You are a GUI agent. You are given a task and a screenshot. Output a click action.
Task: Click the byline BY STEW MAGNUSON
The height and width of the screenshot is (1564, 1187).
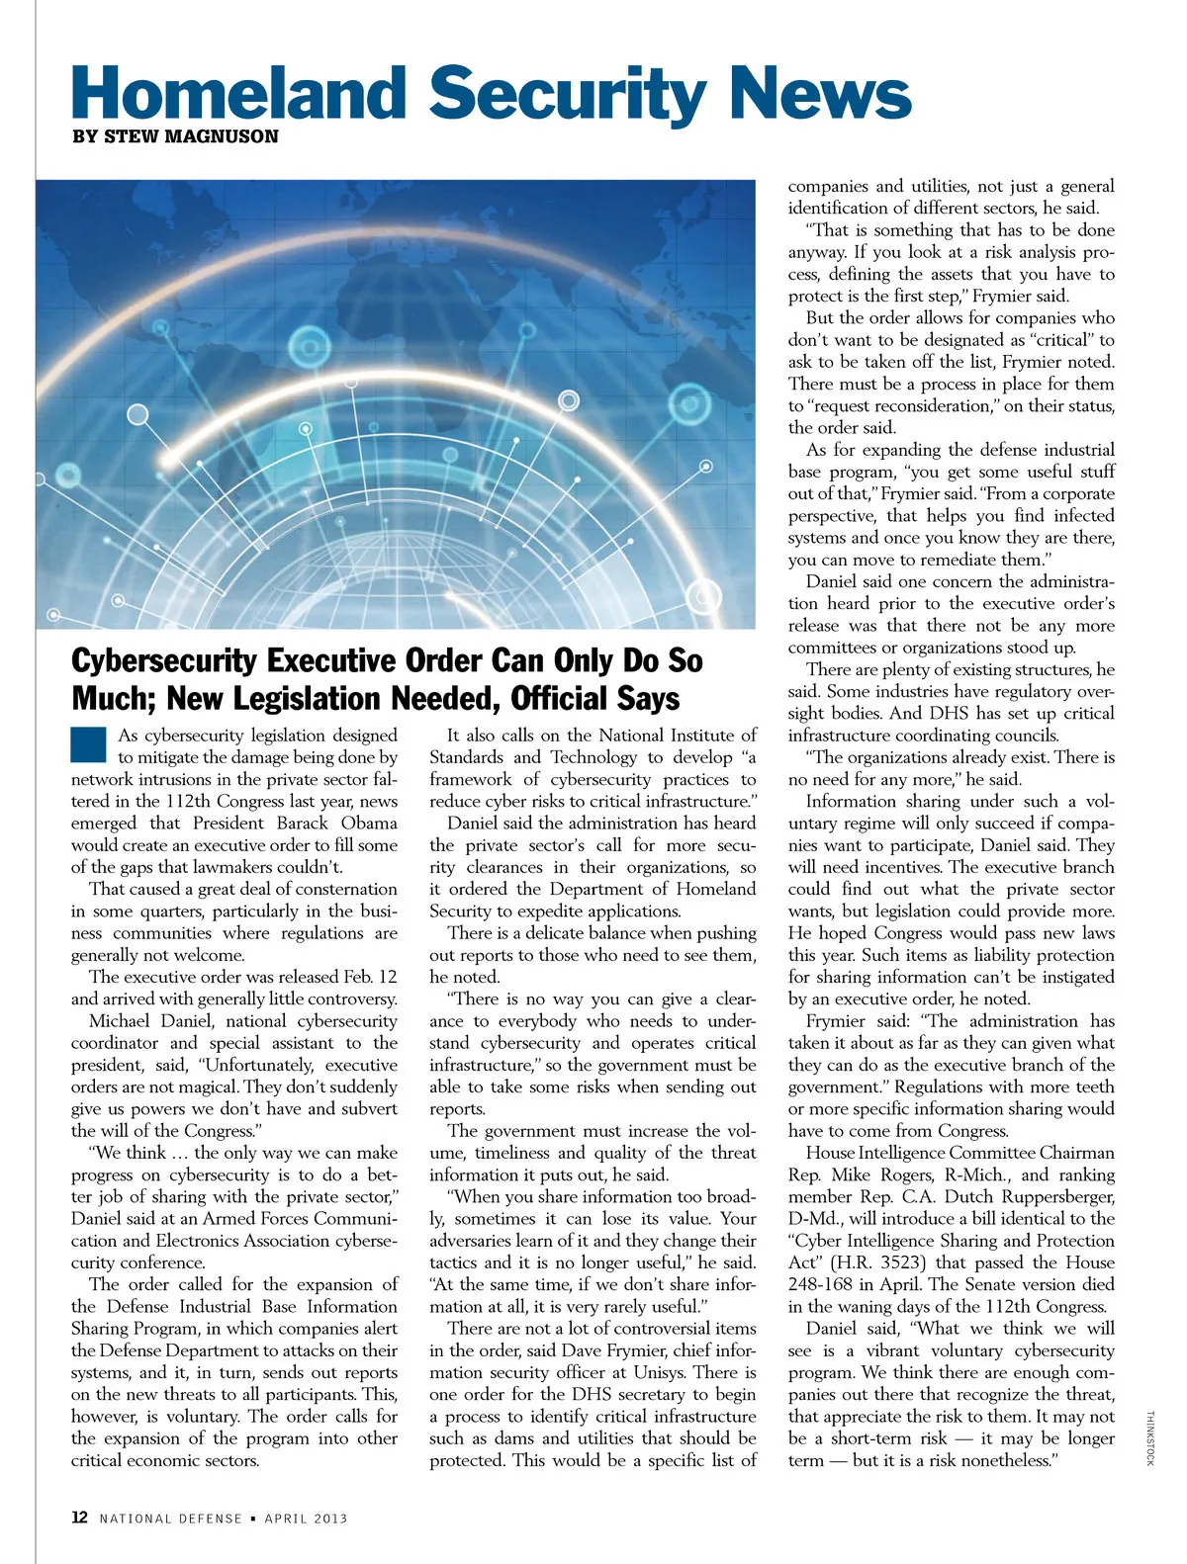(x=175, y=136)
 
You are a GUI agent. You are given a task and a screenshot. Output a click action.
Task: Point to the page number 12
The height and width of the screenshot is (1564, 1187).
(x=80, y=1518)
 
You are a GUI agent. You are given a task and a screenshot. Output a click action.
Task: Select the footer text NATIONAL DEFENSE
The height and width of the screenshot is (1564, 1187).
(x=170, y=1519)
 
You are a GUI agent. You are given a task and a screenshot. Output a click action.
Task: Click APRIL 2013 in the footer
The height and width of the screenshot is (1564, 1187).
(x=306, y=1519)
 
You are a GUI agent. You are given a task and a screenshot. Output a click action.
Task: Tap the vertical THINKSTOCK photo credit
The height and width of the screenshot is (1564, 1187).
(x=1149, y=1438)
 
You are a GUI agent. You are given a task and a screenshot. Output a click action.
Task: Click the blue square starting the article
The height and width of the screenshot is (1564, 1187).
(x=88, y=744)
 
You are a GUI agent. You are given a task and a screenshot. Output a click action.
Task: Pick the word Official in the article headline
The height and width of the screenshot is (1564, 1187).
(x=561, y=698)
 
